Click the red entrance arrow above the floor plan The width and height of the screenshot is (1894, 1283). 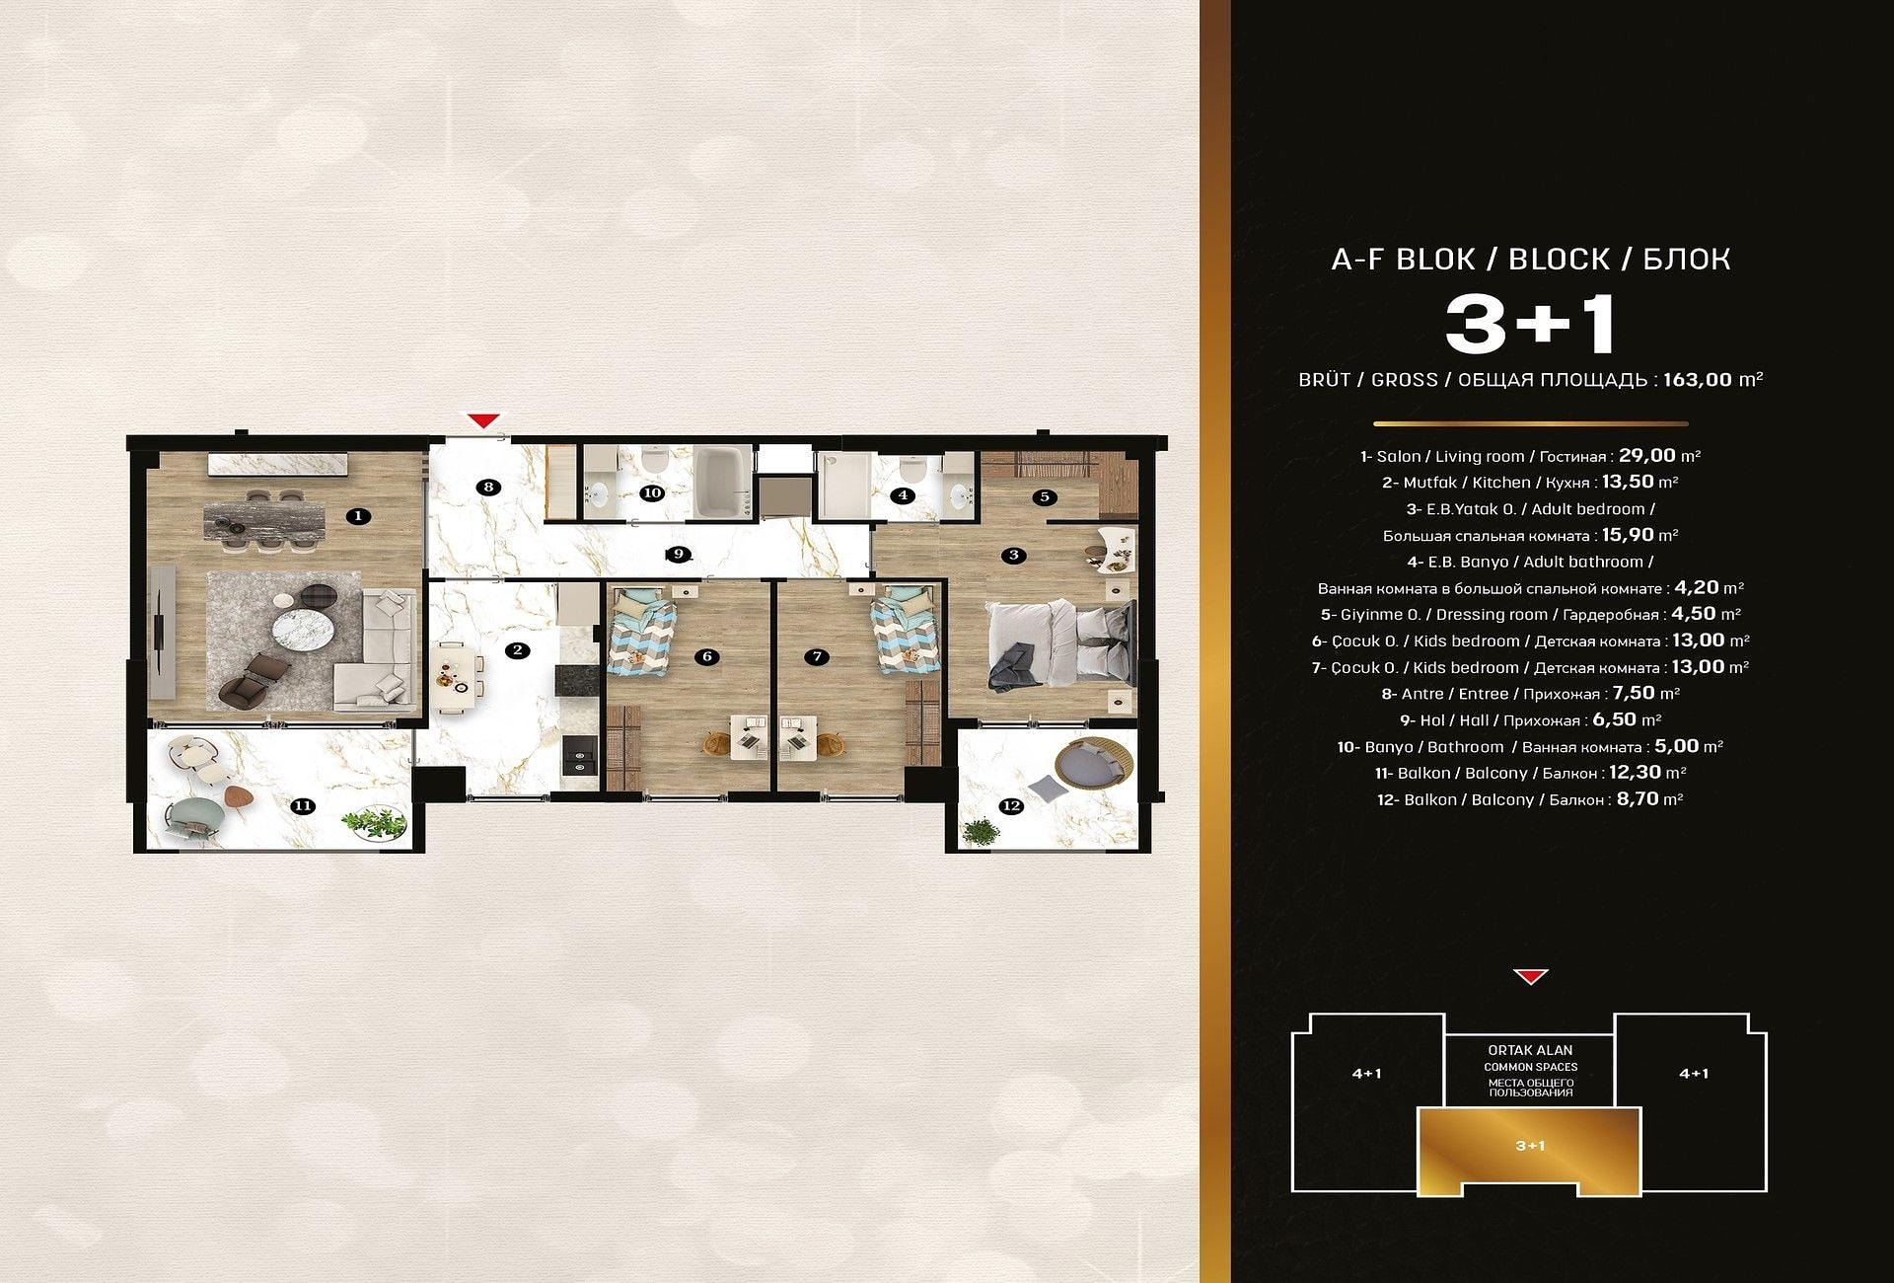click(x=482, y=420)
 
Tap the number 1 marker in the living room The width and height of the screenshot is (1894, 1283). click(x=359, y=515)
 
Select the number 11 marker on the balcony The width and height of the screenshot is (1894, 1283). click(x=303, y=806)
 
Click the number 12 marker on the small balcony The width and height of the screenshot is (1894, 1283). click(x=1011, y=806)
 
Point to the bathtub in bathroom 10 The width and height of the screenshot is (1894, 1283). click(x=722, y=484)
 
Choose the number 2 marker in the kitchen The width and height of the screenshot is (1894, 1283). click(x=515, y=650)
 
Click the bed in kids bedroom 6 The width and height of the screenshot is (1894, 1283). click(x=641, y=633)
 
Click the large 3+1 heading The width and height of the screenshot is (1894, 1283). click(x=1530, y=324)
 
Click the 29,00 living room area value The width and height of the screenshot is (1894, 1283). click(x=1647, y=455)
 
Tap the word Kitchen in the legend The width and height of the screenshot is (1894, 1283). click(x=1501, y=483)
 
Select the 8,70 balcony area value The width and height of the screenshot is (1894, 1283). click(x=1638, y=798)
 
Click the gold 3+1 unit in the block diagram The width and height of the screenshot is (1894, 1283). click(x=1530, y=1151)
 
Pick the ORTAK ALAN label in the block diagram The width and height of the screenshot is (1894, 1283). click(x=1530, y=1050)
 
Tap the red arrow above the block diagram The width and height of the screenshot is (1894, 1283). click(x=1530, y=977)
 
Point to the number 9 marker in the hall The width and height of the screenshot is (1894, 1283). click(x=678, y=554)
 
